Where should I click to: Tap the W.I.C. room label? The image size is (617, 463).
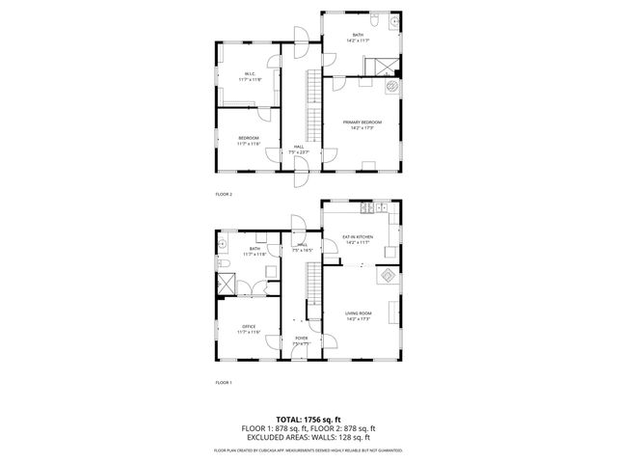click(x=249, y=74)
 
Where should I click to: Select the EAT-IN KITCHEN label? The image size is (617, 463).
click(x=358, y=236)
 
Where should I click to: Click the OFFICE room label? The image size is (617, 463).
click(x=249, y=327)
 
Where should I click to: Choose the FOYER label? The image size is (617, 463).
click(x=301, y=339)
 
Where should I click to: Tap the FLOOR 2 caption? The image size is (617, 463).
click(x=224, y=194)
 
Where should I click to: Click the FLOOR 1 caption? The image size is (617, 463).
click(x=224, y=383)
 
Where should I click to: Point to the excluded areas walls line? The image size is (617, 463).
click(x=308, y=436)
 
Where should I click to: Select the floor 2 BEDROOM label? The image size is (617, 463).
click(x=249, y=139)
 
